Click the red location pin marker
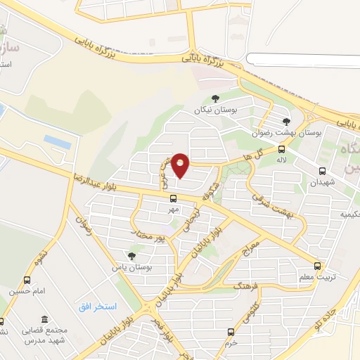(181, 165)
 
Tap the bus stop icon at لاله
(282, 149)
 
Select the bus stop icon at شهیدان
(322, 171)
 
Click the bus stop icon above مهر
(174, 198)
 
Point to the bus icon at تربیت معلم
(318, 266)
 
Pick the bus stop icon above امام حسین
(27, 280)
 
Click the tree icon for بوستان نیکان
(215, 99)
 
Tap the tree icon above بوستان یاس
(131, 256)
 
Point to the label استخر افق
(96, 308)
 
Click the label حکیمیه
(335, 213)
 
